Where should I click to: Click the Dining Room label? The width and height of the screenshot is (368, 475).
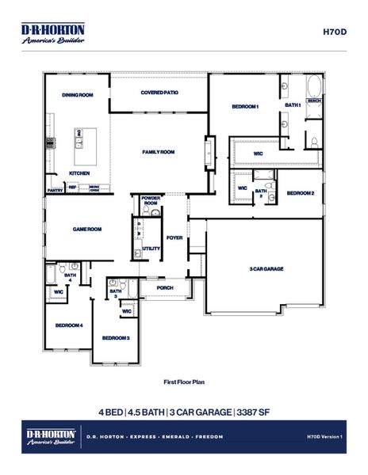(78, 95)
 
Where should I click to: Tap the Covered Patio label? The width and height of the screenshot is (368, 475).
(159, 93)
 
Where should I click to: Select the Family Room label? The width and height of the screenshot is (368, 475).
(158, 152)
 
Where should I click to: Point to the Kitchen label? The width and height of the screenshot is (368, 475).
(79, 173)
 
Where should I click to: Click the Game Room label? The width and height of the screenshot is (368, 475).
(87, 229)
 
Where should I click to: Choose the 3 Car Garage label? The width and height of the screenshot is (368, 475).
(266, 269)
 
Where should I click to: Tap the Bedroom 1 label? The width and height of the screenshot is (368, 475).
(245, 106)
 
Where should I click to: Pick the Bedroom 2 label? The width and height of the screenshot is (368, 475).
(301, 193)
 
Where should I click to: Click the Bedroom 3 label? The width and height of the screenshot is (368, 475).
(116, 338)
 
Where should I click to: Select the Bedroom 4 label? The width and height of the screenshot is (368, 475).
(69, 325)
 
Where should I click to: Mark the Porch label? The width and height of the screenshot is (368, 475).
(165, 288)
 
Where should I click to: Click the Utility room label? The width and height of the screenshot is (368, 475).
(151, 248)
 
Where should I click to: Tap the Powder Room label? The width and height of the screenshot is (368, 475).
(151, 201)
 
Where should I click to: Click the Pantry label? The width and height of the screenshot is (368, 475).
(55, 190)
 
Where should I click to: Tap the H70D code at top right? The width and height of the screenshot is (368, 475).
(332, 32)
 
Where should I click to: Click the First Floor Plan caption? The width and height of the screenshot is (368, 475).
(183, 382)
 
